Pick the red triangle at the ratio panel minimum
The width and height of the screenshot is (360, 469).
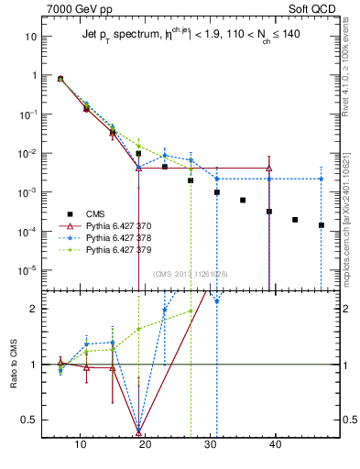click(x=138, y=430)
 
